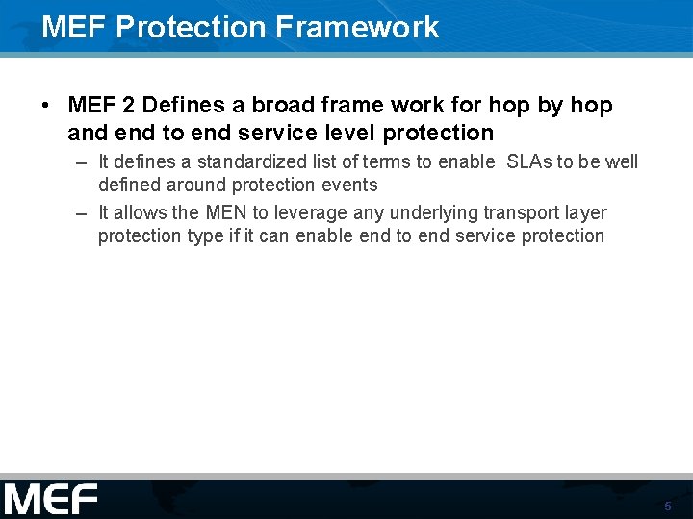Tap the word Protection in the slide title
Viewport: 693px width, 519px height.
click(191, 27)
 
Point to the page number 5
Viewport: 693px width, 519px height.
click(667, 506)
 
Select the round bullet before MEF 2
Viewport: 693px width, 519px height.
click(46, 106)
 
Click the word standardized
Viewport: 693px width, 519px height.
click(252, 161)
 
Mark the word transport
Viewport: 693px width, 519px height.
click(525, 212)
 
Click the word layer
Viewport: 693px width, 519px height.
click(588, 212)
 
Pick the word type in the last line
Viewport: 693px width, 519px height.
click(205, 236)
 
